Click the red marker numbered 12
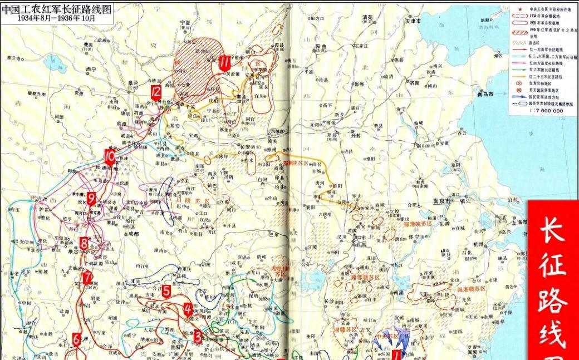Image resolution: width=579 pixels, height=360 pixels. coord(156,92)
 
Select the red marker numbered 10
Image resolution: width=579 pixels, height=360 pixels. coord(110,157)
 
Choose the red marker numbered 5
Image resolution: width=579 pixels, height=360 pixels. coord(166,291)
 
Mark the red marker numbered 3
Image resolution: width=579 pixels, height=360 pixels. coord(198,336)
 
